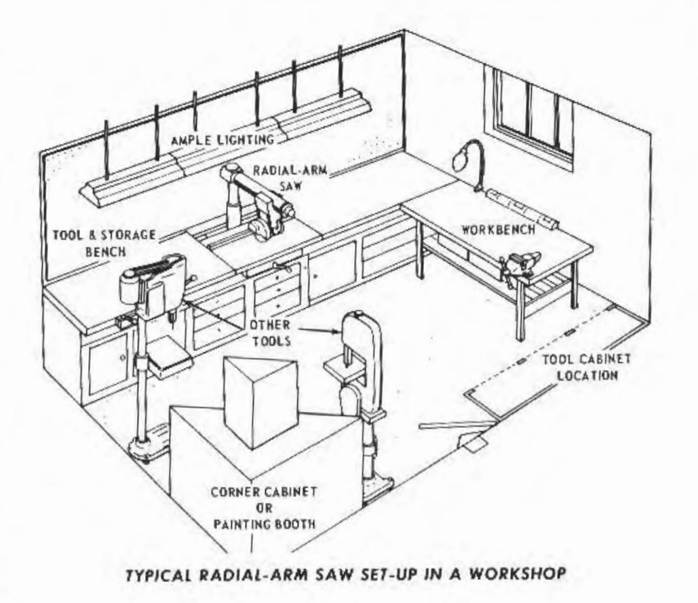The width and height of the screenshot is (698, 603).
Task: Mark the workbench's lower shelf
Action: coord(543,285)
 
